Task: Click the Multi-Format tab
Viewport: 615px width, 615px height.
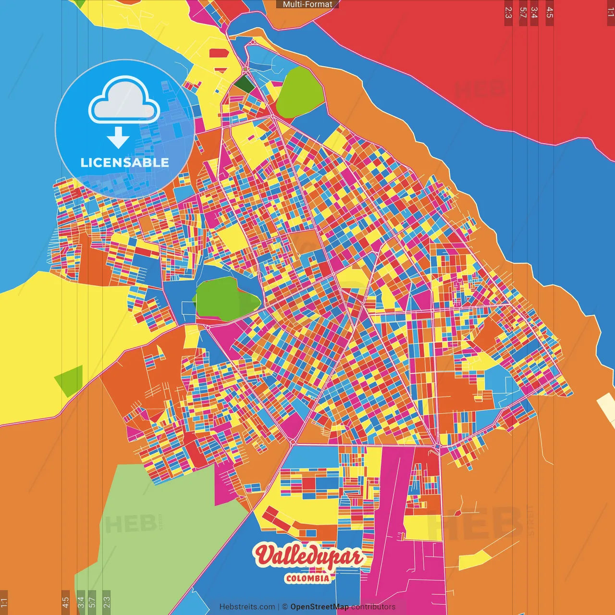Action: [307, 4]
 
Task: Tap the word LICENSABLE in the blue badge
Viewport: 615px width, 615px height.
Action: [125, 162]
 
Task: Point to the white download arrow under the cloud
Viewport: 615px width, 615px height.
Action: [118, 137]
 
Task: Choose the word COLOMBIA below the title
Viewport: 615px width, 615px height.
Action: [307, 578]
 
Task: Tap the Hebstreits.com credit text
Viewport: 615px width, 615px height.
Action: [247, 607]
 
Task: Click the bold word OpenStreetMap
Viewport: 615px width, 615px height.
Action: [319, 607]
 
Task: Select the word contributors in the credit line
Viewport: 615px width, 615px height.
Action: [373, 607]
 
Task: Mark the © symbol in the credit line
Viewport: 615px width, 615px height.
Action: [284, 607]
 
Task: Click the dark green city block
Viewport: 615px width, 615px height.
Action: [244, 85]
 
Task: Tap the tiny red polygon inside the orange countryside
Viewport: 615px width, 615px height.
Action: [457, 513]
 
